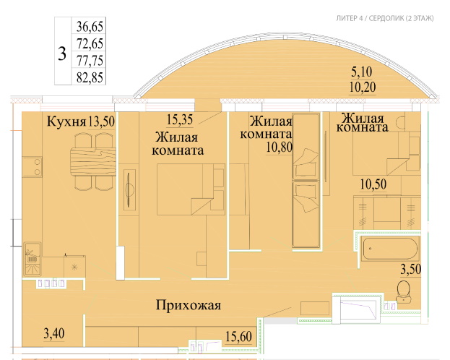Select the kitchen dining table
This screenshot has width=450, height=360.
[x=93, y=161]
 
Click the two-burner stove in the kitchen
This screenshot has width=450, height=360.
[x=32, y=167]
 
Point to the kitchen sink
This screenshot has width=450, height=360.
[x=33, y=259]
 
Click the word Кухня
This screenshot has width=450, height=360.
[x=66, y=121]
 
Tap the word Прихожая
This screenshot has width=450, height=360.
[x=189, y=305]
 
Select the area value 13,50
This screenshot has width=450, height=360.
[x=101, y=121]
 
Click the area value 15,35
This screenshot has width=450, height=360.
[x=180, y=120]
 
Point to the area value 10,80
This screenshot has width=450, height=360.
[x=280, y=147]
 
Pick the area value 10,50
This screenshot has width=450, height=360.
[x=373, y=184]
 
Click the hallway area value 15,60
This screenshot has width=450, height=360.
[x=239, y=337]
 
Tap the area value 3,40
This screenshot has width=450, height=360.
[x=54, y=334]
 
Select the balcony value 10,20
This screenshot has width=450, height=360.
[x=363, y=87]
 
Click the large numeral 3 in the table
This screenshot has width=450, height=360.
[x=62, y=53]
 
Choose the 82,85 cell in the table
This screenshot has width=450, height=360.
[x=90, y=77]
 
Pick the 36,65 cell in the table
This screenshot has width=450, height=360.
[x=90, y=27]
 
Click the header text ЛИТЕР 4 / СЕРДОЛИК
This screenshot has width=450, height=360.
[x=370, y=18]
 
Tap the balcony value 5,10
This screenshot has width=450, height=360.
[x=362, y=72]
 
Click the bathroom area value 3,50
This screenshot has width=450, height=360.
[x=411, y=270]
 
